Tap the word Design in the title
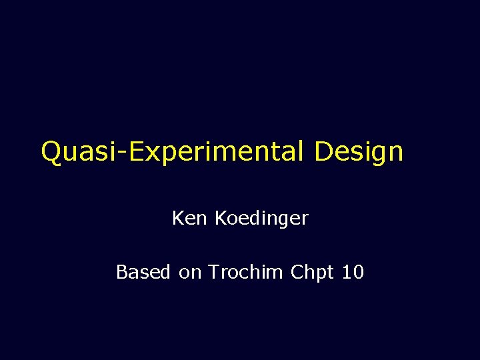[x=359, y=152]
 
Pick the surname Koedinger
[x=261, y=219]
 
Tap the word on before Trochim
[x=191, y=273]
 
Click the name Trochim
[x=246, y=272]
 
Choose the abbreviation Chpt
[x=313, y=273]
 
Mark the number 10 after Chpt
[x=352, y=272]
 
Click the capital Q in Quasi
[x=51, y=152]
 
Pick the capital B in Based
[x=122, y=272]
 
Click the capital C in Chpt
[x=297, y=272]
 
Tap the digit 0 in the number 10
[x=357, y=272]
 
